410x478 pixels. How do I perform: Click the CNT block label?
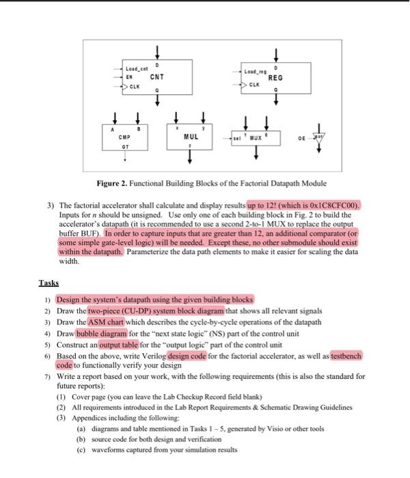pyautogui.click(x=156, y=77)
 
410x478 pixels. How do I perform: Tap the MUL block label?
pyautogui.click(x=191, y=137)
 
